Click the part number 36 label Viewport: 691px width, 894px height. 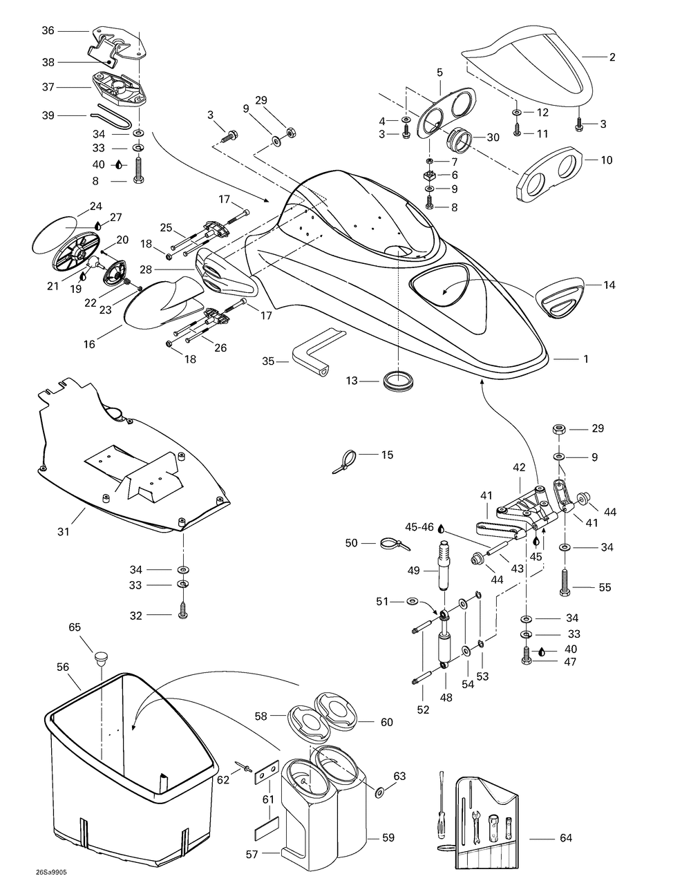[48, 30]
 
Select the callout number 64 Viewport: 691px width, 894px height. [566, 838]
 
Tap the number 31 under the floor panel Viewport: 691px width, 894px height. [64, 531]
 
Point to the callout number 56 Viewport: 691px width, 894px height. [63, 667]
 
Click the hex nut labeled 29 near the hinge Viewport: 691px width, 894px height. [560, 430]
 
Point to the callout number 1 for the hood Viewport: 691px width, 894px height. [586, 359]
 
